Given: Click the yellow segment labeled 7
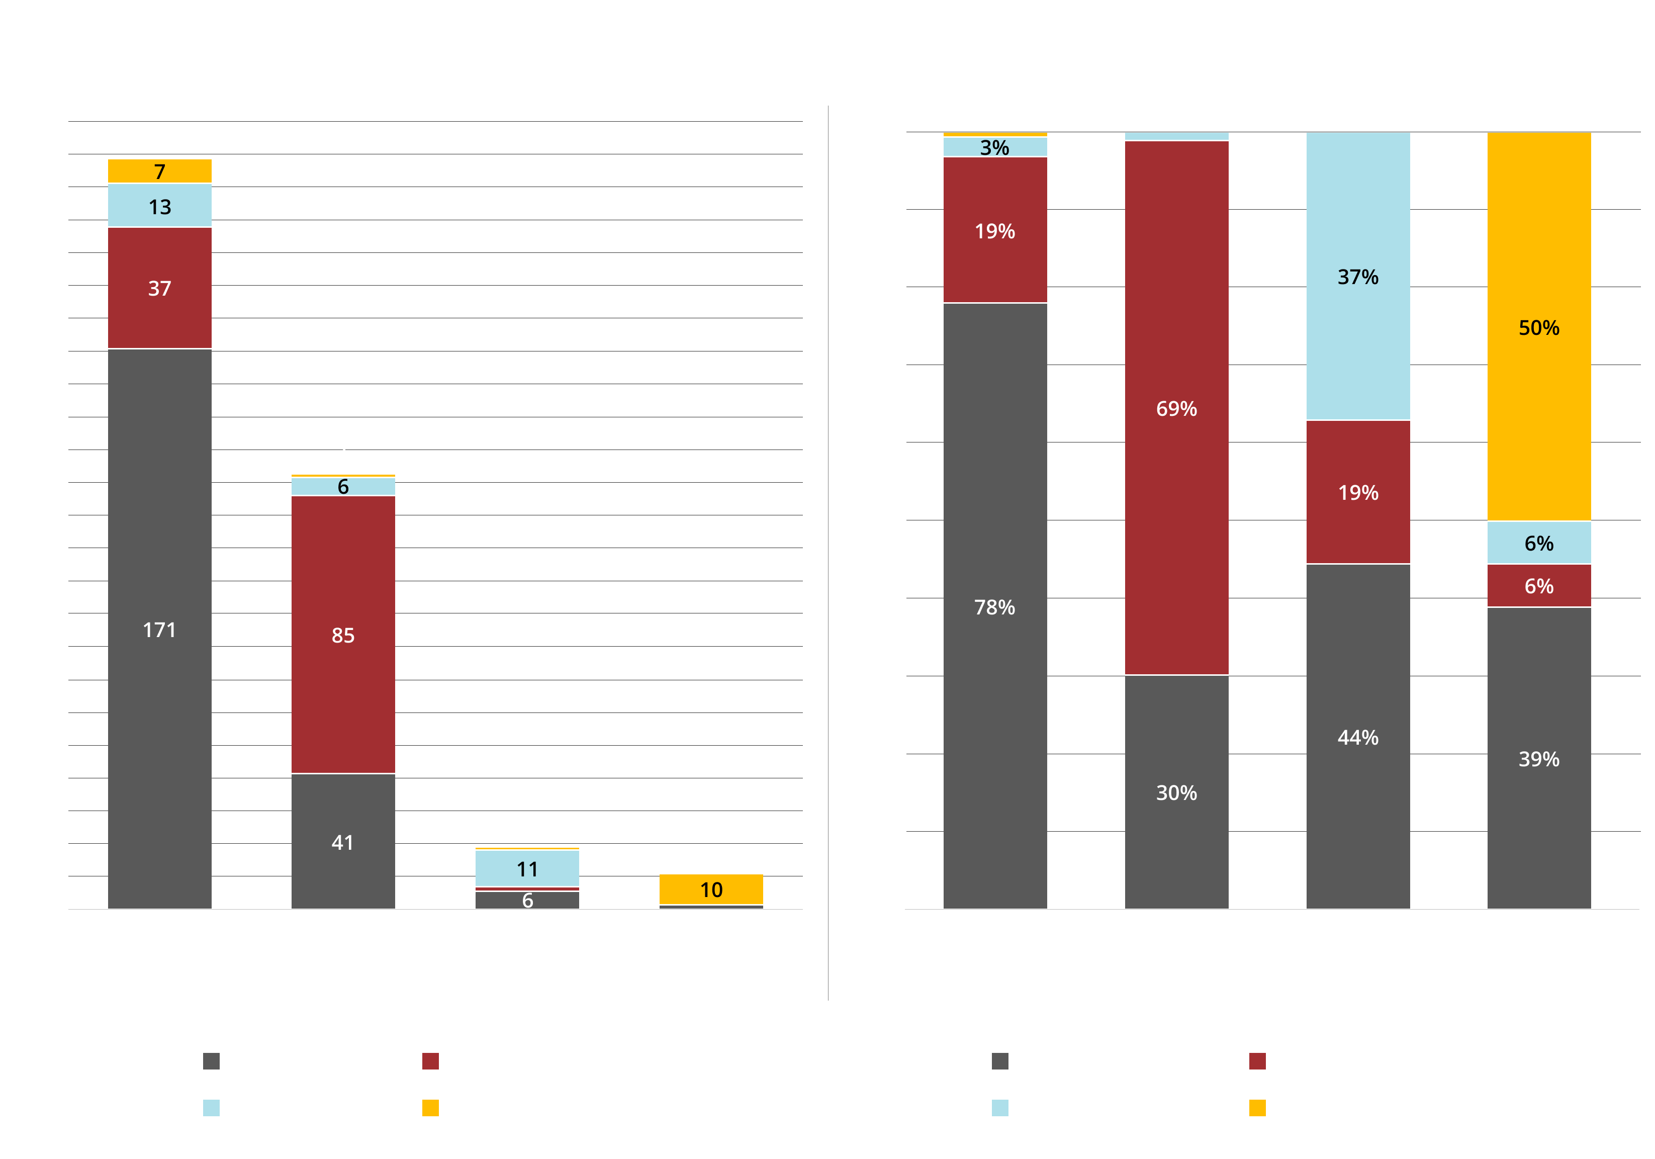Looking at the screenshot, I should (159, 171).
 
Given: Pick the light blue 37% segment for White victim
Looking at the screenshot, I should (1358, 276).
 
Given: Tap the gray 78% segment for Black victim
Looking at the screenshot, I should (995, 606).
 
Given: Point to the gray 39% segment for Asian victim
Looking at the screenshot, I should (1539, 758).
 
